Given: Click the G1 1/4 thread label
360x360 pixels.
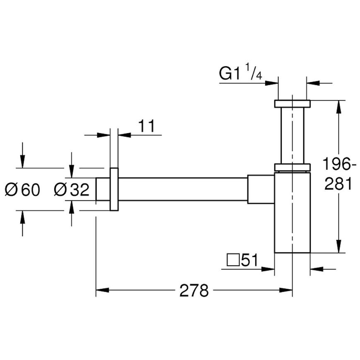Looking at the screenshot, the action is (240, 72).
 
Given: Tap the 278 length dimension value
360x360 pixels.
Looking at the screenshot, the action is (194, 290).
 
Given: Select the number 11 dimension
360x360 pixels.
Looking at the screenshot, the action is (146, 126).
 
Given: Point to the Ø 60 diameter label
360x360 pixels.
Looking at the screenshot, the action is (22, 190).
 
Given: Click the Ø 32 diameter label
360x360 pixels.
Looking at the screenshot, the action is (72, 190).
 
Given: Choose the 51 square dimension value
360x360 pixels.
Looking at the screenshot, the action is (250, 260).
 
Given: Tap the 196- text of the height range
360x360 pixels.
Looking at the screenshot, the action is (339, 164).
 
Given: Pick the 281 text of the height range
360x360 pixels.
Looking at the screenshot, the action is (338, 183).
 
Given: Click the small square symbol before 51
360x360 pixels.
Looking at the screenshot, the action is (233, 260).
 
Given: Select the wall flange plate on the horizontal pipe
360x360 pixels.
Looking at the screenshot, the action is (114, 190).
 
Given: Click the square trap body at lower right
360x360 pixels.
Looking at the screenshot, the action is (292, 213).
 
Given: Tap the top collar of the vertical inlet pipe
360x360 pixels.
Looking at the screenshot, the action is (292, 103).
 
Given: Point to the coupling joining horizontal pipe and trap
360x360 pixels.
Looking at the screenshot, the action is (261, 189).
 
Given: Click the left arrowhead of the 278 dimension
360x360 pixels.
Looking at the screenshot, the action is (102, 290).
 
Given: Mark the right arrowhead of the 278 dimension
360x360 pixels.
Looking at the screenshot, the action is (286, 290).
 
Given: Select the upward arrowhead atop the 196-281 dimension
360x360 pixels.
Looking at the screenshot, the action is (338, 107).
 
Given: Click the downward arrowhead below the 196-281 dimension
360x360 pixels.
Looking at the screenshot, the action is (338, 246).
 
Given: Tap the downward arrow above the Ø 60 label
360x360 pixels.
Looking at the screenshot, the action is (22, 155).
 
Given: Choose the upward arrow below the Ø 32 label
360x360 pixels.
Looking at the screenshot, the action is (72, 213).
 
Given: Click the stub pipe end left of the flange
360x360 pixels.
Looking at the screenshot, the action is (103, 189).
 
